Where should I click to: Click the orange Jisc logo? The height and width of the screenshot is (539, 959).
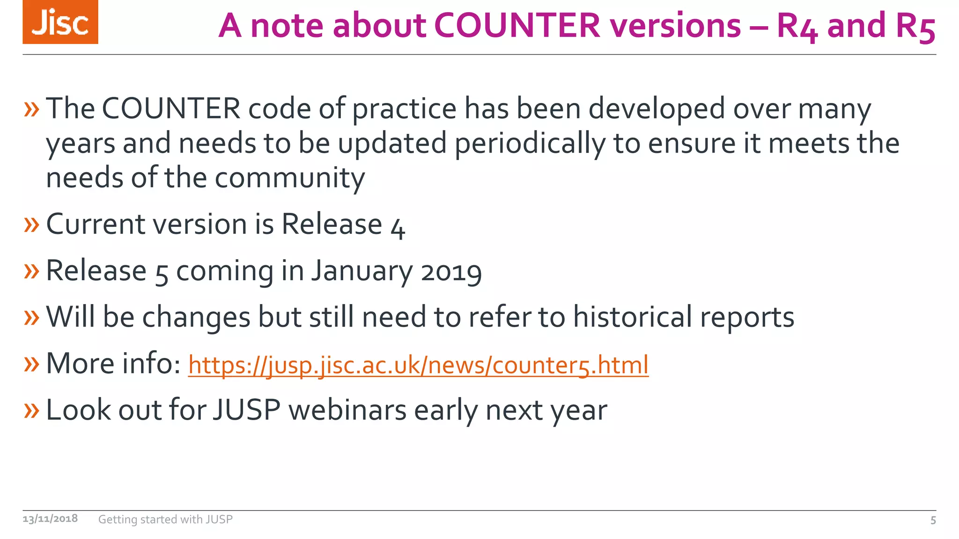click(60, 22)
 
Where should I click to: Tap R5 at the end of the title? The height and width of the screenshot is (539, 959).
click(915, 26)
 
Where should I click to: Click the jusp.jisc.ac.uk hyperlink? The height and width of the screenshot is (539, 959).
click(418, 365)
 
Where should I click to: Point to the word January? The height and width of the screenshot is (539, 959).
click(361, 271)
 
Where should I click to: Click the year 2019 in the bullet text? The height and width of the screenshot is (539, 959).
click(451, 272)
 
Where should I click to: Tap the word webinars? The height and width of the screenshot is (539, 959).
click(347, 410)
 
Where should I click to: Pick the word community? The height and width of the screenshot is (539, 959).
click(289, 179)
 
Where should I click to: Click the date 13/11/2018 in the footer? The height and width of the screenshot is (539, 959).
click(50, 519)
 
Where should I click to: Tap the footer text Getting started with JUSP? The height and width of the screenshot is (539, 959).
click(165, 519)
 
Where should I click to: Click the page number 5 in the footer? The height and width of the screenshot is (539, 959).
click(933, 520)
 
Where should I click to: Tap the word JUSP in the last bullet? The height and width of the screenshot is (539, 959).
click(247, 410)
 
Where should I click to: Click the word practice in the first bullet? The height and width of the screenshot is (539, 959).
click(404, 109)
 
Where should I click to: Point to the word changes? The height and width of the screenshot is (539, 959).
click(196, 318)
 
